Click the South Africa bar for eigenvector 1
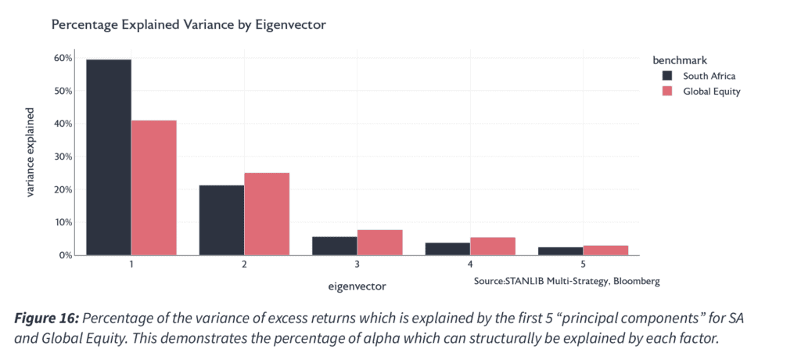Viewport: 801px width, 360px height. tap(109, 157)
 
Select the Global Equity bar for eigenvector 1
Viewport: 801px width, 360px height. tap(154, 188)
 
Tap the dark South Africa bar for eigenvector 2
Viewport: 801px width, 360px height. tap(221, 220)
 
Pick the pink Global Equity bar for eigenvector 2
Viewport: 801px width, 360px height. tap(267, 214)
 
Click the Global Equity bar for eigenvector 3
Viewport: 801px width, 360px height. tap(379, 243)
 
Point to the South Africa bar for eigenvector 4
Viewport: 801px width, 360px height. tap(447, 249)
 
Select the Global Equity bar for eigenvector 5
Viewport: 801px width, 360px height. tap(605, 250)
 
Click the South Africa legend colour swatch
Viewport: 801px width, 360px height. tap(667, 76)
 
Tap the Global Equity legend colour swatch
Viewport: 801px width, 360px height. tap(667, 92)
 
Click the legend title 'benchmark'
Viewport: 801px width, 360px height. tap(680, 60)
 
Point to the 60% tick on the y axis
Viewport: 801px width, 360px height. tap(63, 58)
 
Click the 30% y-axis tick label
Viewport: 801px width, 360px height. tap(63, 157)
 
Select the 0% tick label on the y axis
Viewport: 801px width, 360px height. tap(66, 255)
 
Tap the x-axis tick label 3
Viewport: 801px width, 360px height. tap(357, 265)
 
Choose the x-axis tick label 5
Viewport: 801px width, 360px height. tap(583, 265)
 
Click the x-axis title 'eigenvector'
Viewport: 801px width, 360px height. tap(357, 286)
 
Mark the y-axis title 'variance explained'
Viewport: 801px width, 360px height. tap(31, 153)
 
